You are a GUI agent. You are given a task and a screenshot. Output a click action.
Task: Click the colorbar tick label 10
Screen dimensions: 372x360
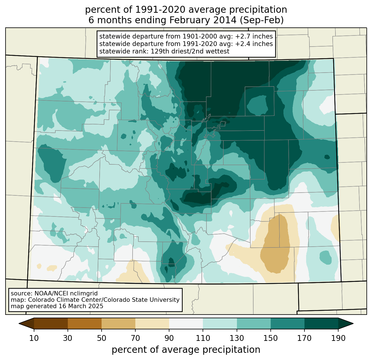34,338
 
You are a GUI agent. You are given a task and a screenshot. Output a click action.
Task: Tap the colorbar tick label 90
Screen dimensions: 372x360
169,338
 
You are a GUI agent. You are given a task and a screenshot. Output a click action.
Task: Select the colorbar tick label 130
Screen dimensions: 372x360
237,338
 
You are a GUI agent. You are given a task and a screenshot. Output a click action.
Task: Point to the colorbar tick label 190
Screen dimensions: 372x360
338,338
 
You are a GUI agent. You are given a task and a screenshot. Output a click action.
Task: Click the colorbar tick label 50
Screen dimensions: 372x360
102,338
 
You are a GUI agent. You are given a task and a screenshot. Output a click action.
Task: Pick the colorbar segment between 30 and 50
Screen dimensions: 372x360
85,323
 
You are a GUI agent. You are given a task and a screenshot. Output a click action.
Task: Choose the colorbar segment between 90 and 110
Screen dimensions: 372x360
186,323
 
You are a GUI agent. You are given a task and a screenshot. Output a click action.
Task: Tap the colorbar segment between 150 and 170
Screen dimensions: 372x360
288,323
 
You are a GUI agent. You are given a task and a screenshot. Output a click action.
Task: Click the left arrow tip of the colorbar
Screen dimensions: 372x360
19,323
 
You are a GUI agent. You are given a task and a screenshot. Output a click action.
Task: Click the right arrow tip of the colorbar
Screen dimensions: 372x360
353,323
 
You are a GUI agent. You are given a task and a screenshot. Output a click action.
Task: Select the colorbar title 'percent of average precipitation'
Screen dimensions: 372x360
186,350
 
